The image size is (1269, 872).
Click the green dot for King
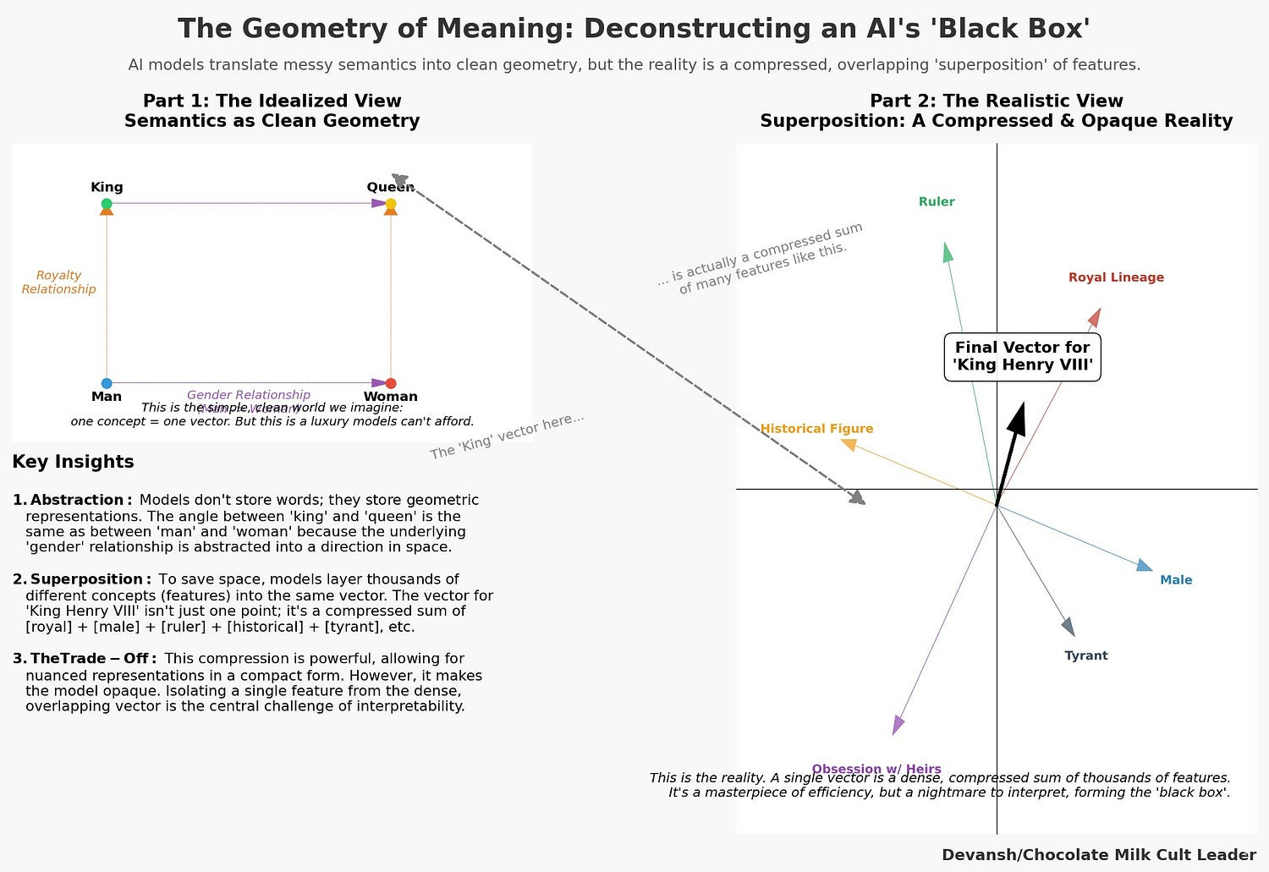click(107, 204)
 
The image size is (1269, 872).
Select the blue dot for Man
click(107, 383)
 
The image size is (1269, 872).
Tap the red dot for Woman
click(391, 383)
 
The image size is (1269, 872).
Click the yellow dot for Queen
click(391, 204)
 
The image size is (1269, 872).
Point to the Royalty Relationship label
click(58, 282)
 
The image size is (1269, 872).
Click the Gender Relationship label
click(249, 395)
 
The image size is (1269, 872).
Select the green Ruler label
click(937, 202)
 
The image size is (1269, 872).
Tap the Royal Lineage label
click(1116, 277)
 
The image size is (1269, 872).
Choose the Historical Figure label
click(816, 429)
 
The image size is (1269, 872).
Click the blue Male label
click(1176, 580)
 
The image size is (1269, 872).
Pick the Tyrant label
click(1085, 655)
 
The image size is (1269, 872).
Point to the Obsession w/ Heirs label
click(876, 769)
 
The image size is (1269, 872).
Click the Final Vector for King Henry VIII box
click(1022, 356)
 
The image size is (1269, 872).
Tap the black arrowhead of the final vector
click(1018, 419)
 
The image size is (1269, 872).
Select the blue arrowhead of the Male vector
click(1144, 565)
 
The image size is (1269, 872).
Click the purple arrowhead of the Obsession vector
click(898, 725)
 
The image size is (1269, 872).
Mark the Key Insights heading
click(73, 462)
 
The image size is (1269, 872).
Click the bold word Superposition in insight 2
click(86, 579)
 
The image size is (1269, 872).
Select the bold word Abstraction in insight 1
click(77, 501)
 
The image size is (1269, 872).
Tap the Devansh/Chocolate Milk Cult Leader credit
click(1099, 855)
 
